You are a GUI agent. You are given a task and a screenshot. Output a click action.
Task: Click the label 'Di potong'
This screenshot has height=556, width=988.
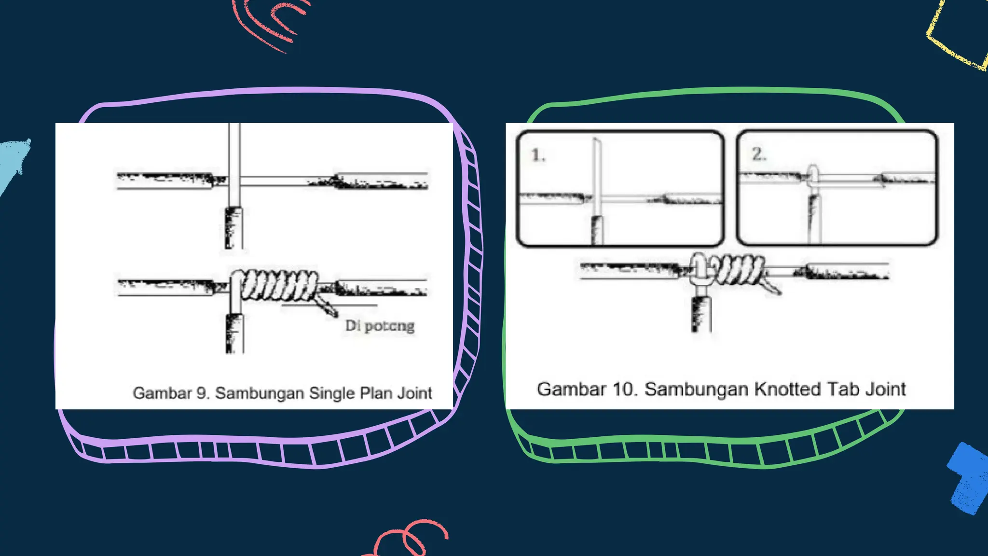point(380,326)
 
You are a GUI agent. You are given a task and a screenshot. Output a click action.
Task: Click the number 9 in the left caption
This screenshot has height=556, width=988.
point(202,393)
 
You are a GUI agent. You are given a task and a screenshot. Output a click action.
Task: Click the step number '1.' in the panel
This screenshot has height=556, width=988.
point(538,155)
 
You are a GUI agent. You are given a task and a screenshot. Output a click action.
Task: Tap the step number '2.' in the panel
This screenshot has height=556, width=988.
point(759,154)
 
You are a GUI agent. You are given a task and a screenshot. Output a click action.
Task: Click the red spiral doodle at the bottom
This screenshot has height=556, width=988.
point(410,538)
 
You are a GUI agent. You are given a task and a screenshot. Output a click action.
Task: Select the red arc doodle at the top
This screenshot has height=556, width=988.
point(270,22)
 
